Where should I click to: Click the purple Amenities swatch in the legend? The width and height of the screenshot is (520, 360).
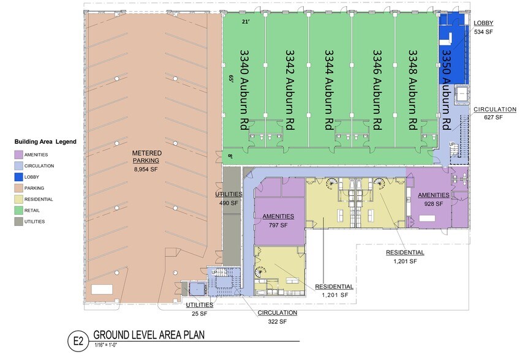click(x=18, y=155)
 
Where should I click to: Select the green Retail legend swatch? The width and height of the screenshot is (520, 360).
click(x=18, y=211)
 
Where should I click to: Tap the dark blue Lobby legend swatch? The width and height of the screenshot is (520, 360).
click(x=18, y=177)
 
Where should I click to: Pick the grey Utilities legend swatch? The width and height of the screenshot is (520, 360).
click(x=18, y=222)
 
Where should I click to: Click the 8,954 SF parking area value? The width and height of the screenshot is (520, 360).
click(x=146, y=170)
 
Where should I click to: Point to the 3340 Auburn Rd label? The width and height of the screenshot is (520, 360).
click(x=245, y=89)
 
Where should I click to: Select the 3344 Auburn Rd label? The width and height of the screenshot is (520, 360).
click(x=329, y=89)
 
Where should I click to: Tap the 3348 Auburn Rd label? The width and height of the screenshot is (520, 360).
click(x=413, y=89)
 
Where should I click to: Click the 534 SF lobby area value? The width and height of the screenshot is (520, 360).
click(x=483, y=32)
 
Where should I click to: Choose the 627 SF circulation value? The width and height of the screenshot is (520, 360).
click(x=494, y=118)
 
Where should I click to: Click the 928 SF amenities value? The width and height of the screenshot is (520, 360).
click(x=434, y=204)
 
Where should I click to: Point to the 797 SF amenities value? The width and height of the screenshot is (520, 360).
click(x=278, y=225)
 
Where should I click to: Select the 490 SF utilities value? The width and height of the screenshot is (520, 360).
click(x=228, y=203)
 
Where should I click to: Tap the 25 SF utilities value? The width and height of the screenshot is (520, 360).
click(x=199, y=313)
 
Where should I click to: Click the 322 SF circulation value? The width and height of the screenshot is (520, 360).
click(x=277, y=321)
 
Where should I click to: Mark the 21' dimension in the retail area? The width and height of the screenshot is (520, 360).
click(x=246, y=22)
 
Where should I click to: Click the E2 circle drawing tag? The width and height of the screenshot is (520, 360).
click(x=78, y=341)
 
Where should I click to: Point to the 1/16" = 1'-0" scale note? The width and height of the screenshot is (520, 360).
click(x=106, y=345)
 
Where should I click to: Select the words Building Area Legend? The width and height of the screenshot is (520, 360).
click(x=45, y=142)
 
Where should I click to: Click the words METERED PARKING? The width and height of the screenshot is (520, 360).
click(x=146, y=157)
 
